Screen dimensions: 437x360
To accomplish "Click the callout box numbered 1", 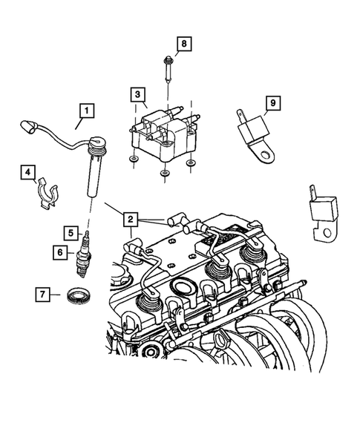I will [x=88, y=112].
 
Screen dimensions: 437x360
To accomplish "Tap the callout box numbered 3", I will [x=137, y=94].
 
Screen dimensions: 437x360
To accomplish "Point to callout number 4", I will [x=27, y=173].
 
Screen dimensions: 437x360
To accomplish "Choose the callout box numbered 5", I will [x=71, y=232].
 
